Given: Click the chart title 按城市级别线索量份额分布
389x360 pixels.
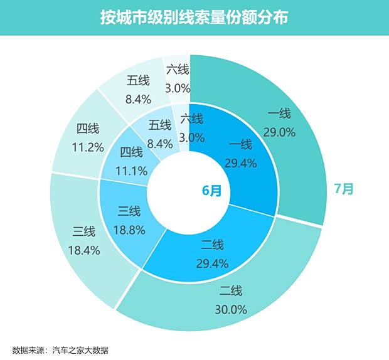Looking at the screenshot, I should tap(194, 18).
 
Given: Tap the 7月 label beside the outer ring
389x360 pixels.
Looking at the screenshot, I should tap(343, 189).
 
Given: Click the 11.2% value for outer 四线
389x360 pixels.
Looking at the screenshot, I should tap(88, 147).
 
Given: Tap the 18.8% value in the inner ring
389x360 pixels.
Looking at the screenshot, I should tap(129, 230).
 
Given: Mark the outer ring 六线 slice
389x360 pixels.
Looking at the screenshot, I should tap(178, 78).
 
